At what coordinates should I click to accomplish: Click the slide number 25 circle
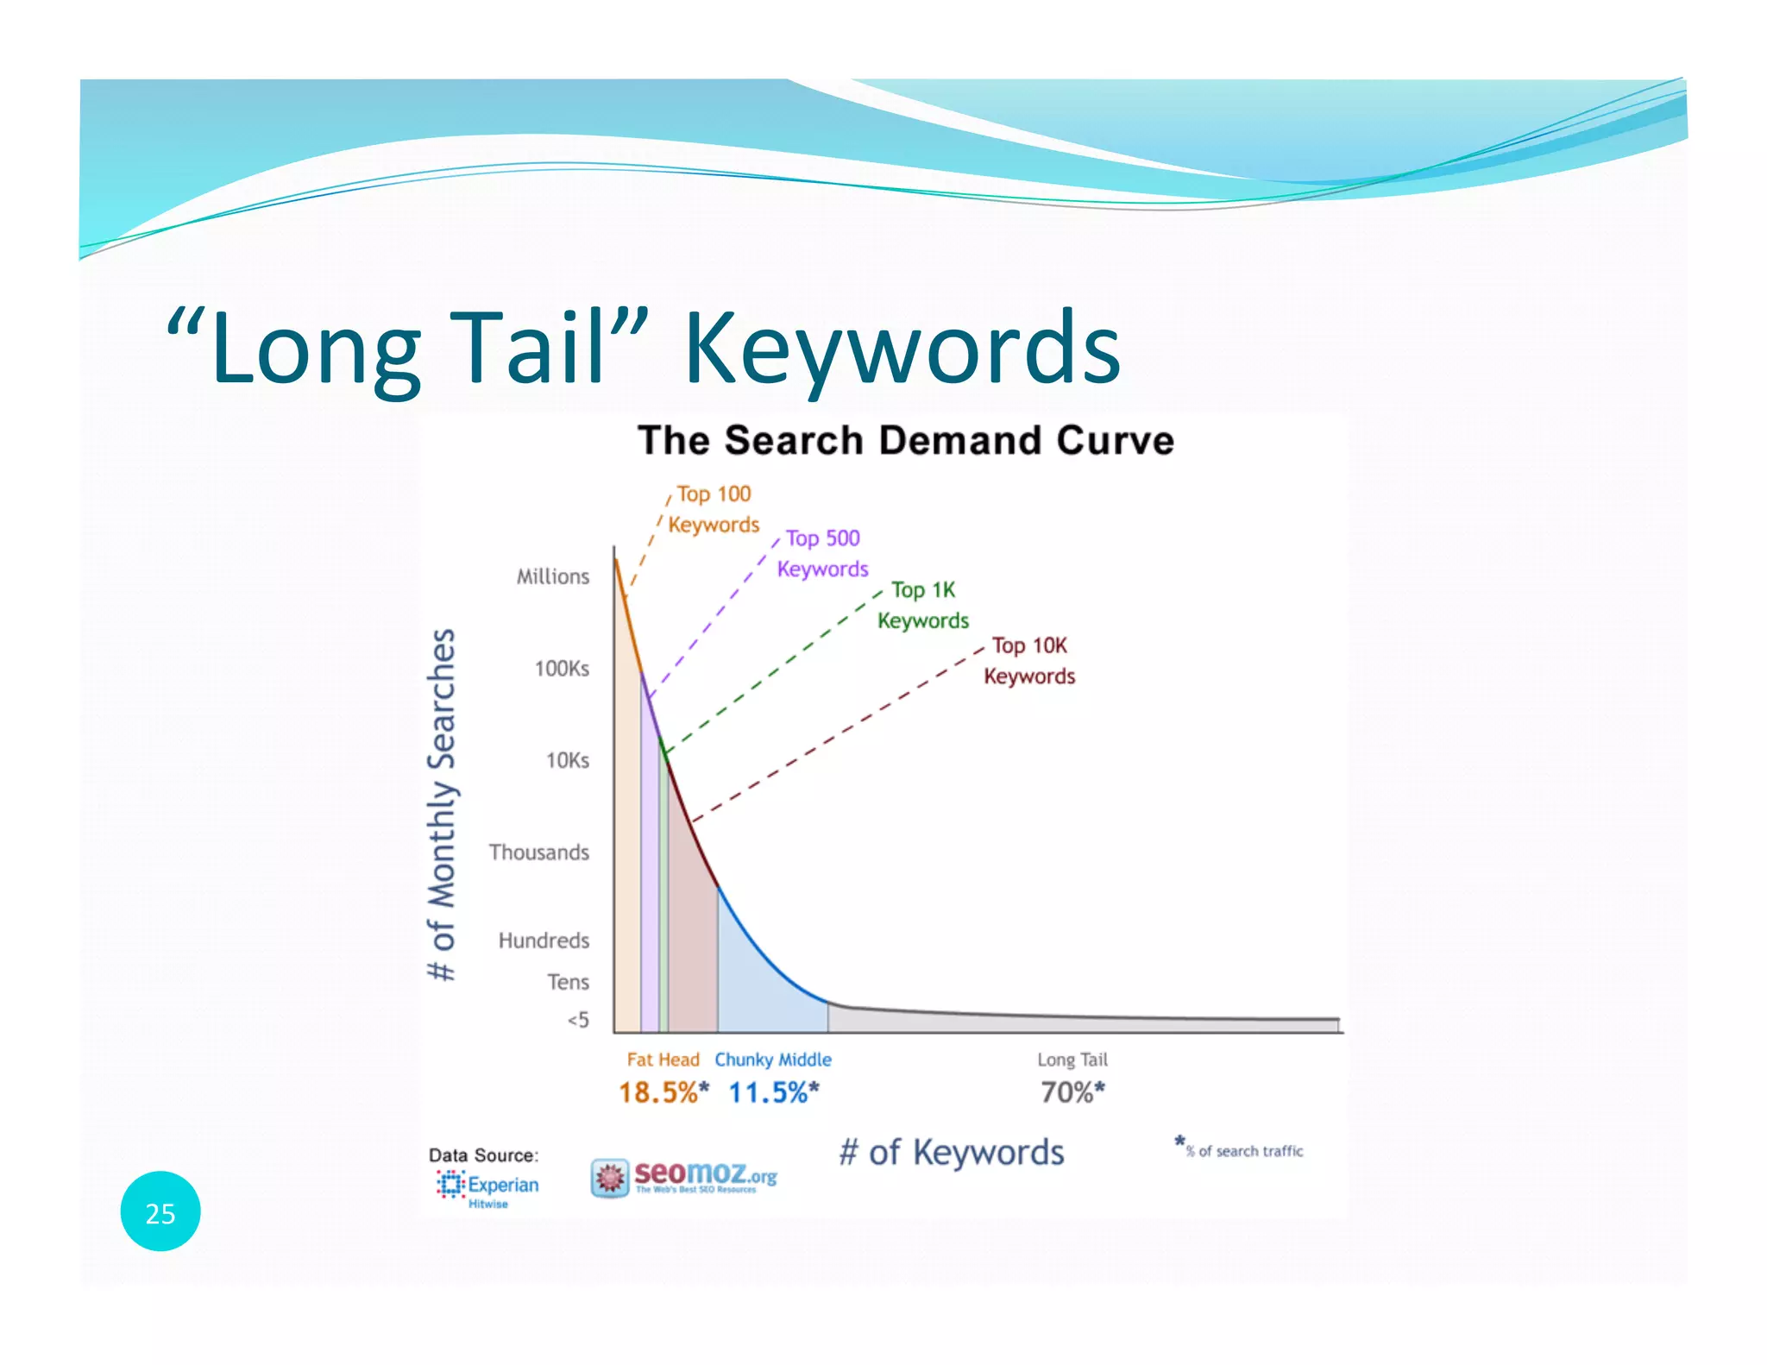pyautogui.click(x=160, y=1211)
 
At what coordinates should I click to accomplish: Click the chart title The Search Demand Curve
pyautogui.click(x=906, y=440)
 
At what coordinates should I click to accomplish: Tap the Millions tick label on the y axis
pyautogui.click(x=553, y=576)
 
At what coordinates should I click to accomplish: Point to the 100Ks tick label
pyautogui.click(x=562, y=669)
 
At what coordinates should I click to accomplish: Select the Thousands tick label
pyautogui.click(x=539, y=852)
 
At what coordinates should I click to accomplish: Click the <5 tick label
pyautogui.click(x=578, y=1020)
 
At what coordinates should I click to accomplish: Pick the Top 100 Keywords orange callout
pyautogui.click(x=714, y=509)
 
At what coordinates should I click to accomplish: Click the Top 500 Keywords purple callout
pyautogui.click(x=822, y=553)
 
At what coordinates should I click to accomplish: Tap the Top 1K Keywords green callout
pyautogui.click(x=923, y=605)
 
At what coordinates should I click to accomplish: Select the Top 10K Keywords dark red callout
pyautogui.click(x=1029, y=661)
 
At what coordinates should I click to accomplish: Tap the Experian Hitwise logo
pyautogui.click(x=487, y=1187)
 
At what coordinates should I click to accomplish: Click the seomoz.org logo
pyautogui.click(x=684, y=1177)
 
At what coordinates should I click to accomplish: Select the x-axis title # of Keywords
pyautogui.click(x=952, y=1153)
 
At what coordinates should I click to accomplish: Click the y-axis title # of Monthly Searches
pyautogui.click(x=442, y=804)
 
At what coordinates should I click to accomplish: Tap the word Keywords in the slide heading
pyautogui.click(x=902, y=349)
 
